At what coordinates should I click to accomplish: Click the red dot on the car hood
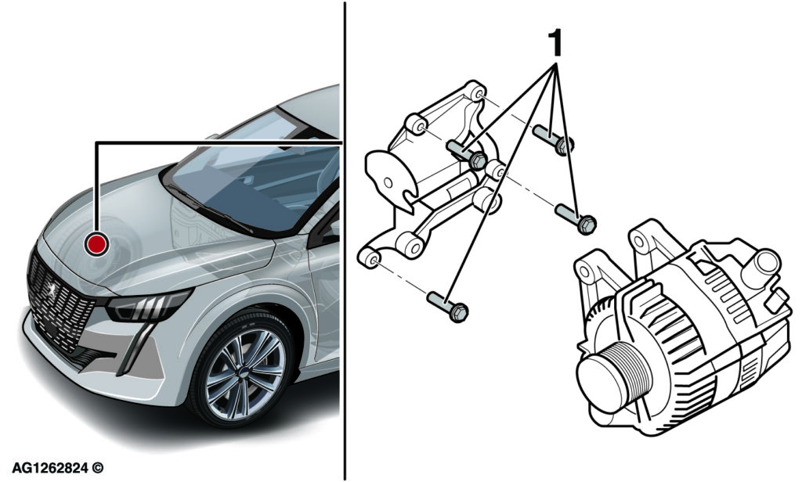pyautogui.click(x=96, y=243)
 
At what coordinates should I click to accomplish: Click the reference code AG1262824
pyautogui.click(x=50, y=467)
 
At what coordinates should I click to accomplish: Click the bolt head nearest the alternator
pyautogui.click(x=587, y=224)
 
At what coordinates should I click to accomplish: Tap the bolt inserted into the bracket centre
pyautogui.click(x=467, y=154)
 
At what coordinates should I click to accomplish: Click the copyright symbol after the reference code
pyautogui.click(x=98, y=467)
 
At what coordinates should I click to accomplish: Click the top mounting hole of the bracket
pyautogui.click(x=478, y=94)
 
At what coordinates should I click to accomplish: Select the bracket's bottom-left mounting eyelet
pyautogui.click(x=370, y=257)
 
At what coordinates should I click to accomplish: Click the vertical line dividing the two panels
pyautogui.click(x=345, y=241)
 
